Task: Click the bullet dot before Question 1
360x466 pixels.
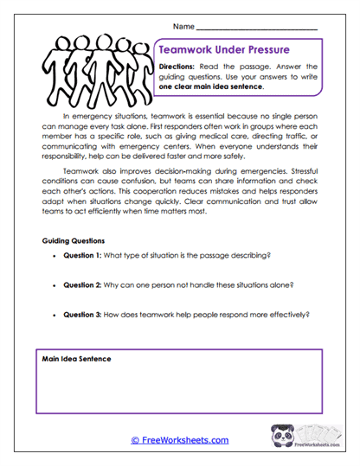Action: (55, 255)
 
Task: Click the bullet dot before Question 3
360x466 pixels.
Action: (55, 316)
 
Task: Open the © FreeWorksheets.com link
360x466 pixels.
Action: (179, 440)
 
